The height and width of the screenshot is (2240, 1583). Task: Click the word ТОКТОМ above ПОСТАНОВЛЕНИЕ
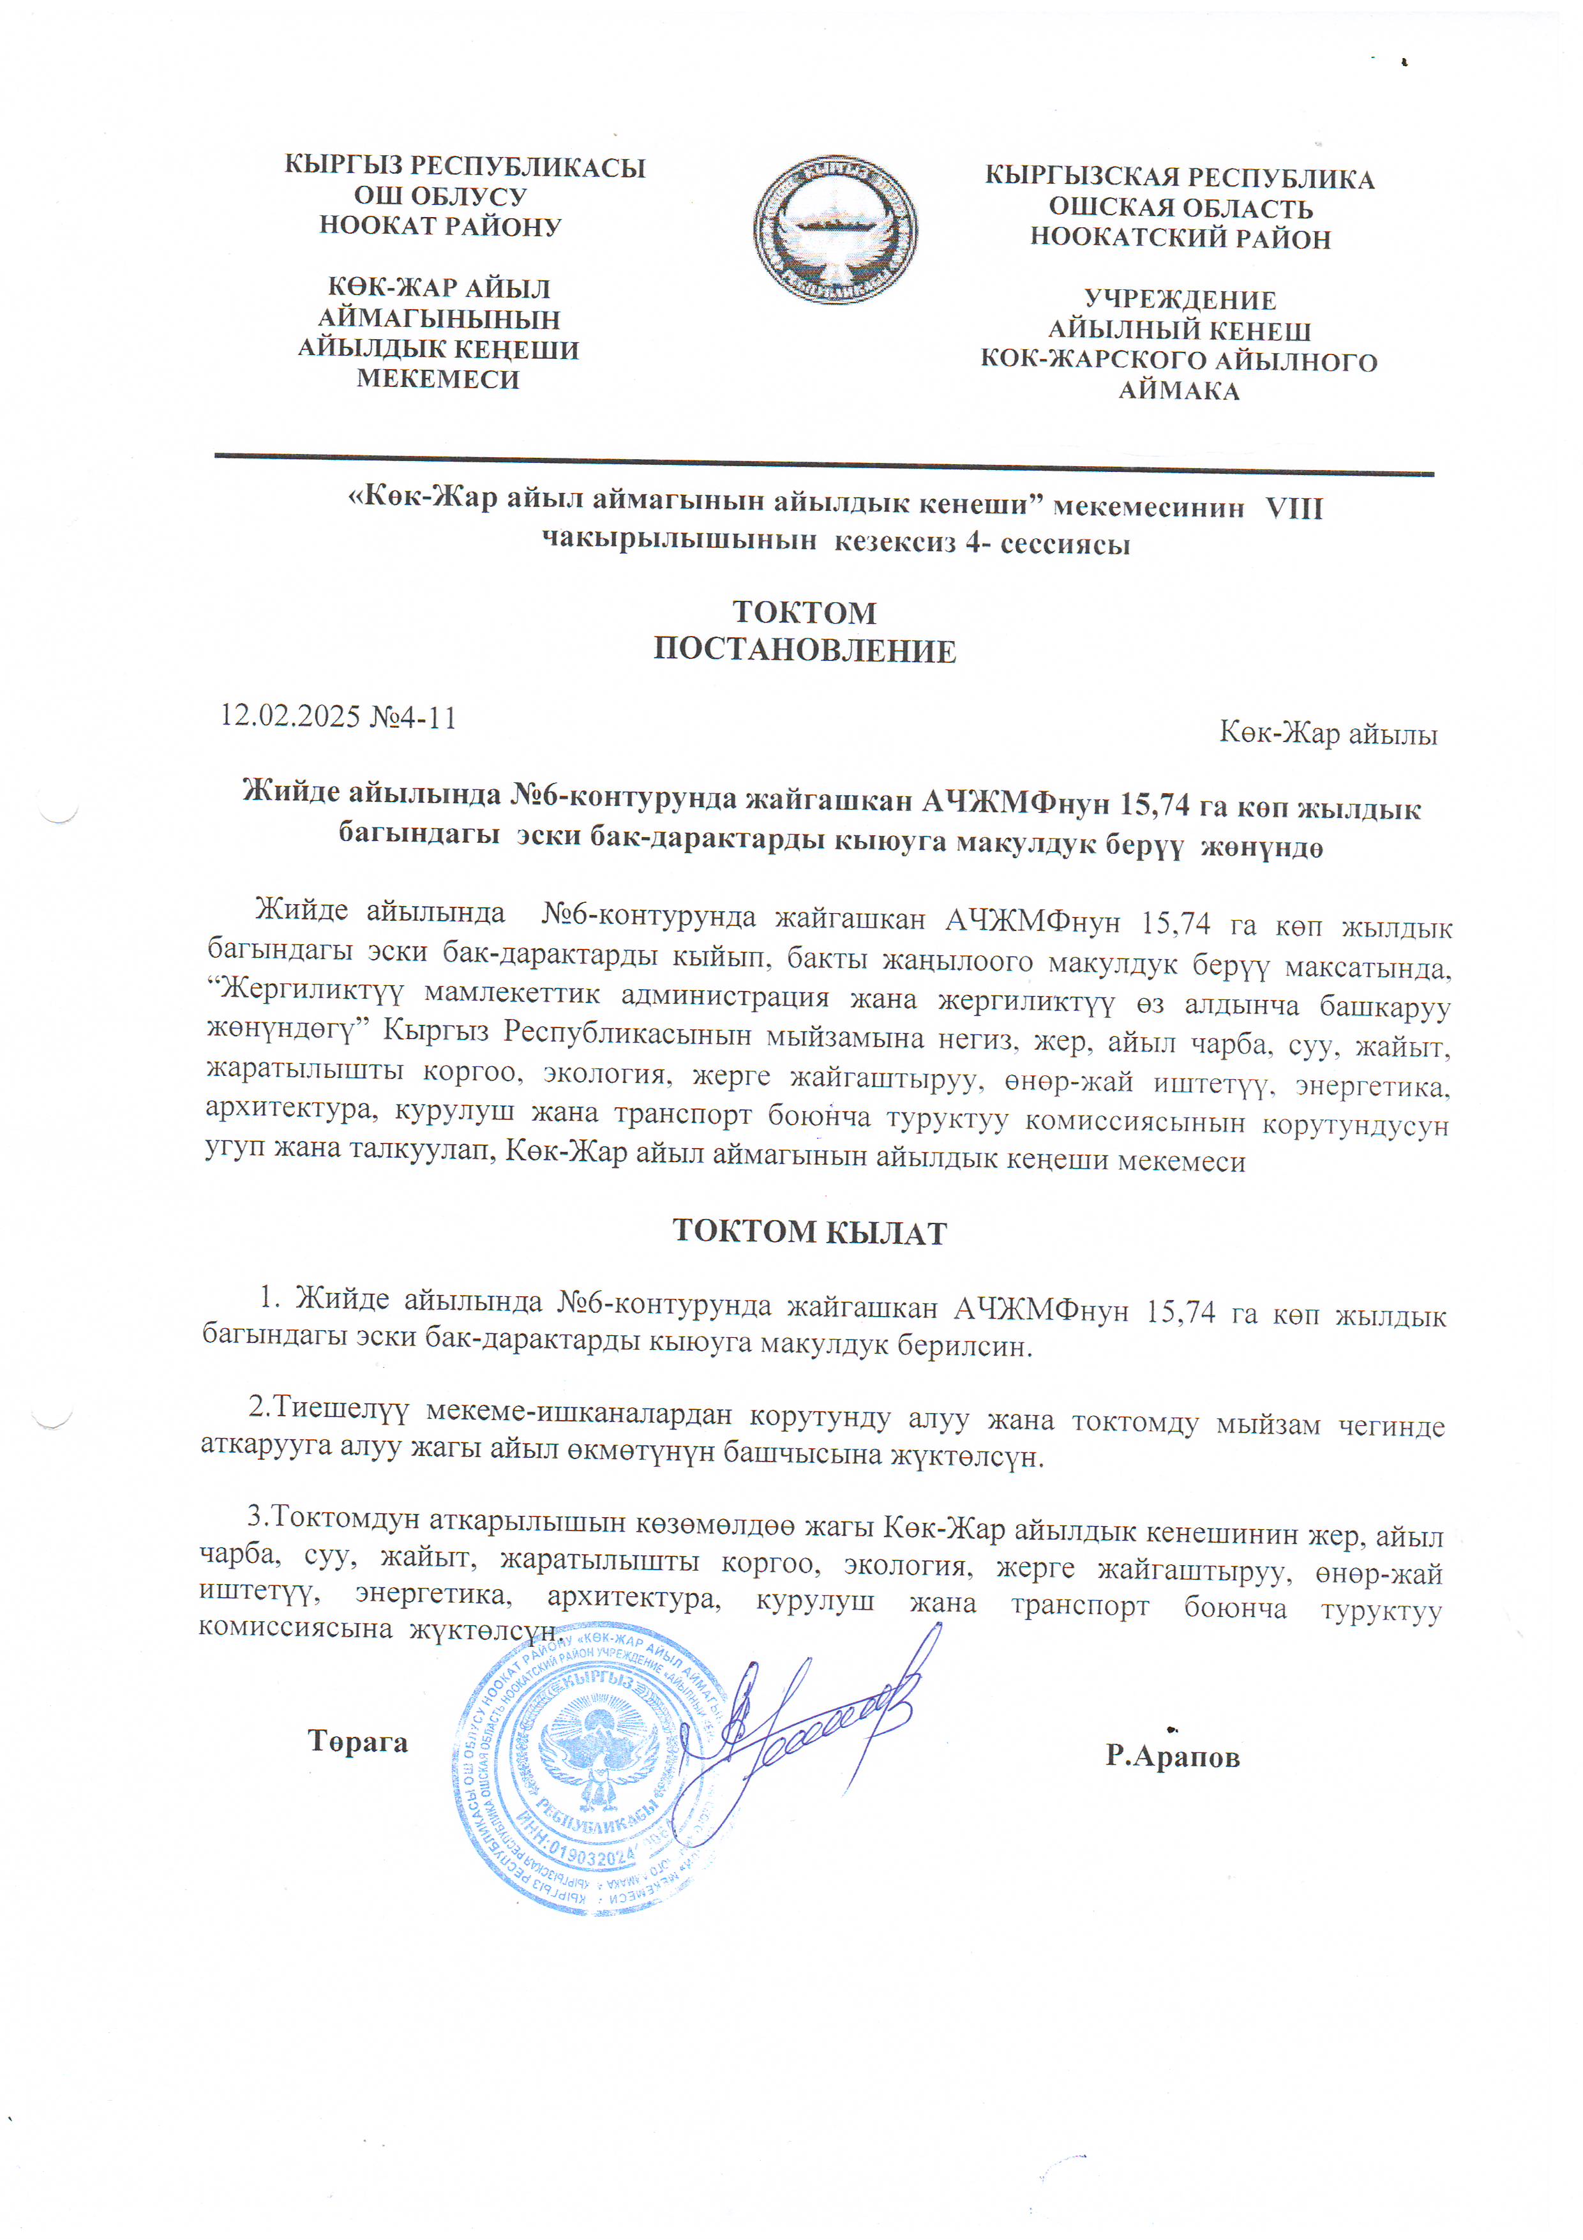pos(805,613)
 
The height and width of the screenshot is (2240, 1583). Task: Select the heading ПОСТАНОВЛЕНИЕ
pos(805,651)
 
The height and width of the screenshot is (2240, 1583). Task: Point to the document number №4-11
pos(414,717)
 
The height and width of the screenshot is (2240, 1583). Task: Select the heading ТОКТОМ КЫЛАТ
pos(809,1232)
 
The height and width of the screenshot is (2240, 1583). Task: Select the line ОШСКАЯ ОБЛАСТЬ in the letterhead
pos(1180,209)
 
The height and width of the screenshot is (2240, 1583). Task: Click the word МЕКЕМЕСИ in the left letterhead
pos(438,379)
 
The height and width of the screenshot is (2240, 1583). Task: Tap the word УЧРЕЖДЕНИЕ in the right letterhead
pos(1180,299)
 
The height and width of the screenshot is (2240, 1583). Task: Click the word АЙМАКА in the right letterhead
pos(1179,391)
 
